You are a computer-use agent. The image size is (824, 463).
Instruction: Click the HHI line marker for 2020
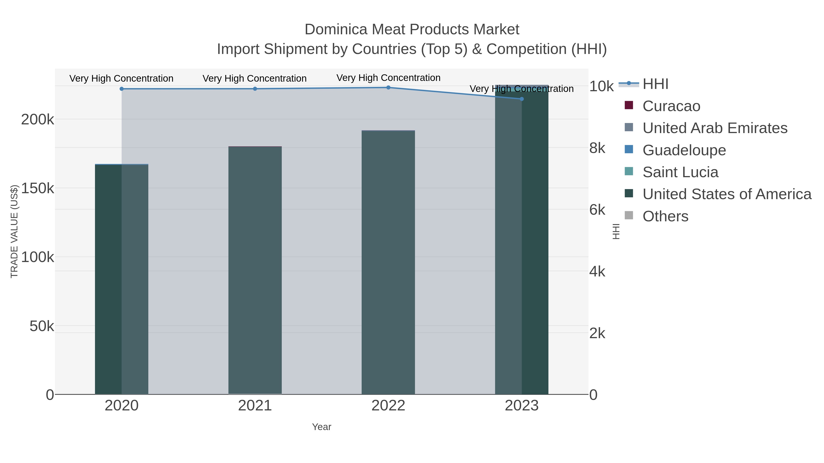(x=122, y=89)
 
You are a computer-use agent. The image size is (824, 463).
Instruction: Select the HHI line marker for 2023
(x=522, y=99)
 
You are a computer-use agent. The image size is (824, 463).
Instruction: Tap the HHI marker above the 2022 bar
(x=388, y=88)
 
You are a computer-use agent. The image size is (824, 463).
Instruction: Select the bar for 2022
(x=388, y=262)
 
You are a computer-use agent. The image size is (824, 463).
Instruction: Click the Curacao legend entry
(x=671, y=106)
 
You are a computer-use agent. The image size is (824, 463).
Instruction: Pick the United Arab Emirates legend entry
(x=715, y=128)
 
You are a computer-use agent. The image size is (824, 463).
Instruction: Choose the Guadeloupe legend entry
(x=684, y=150)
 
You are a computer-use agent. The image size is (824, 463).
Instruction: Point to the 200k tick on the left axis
(x=38, y=120)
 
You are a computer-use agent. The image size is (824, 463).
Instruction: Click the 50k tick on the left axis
(x=42, y=326)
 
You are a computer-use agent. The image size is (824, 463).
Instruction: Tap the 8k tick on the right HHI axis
(x=597, y=148)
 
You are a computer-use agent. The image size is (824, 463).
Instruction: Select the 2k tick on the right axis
(x=597, y=333)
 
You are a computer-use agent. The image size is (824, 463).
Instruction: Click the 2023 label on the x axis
(x=522, y=406)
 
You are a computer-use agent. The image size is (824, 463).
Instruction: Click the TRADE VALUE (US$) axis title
(x=14, y=231)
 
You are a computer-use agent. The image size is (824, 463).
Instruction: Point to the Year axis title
(x=322, y=427)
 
